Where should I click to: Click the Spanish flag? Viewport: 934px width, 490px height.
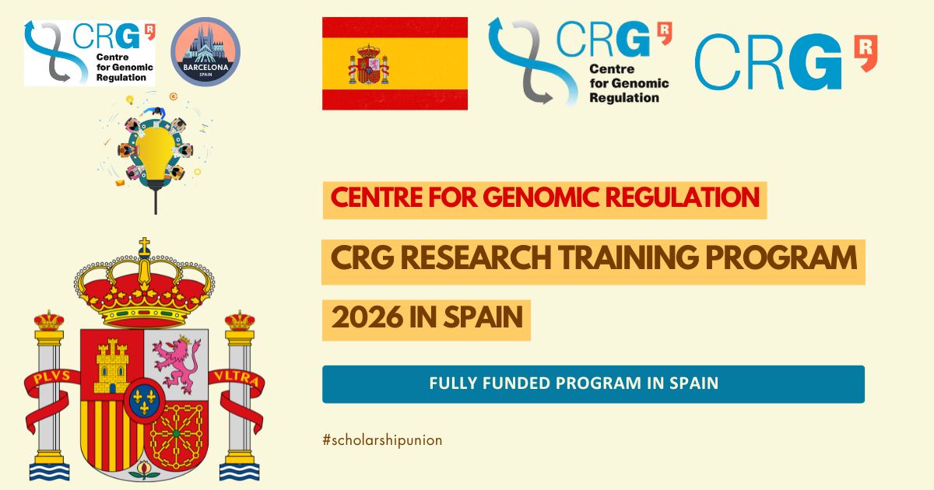tap(395, 63)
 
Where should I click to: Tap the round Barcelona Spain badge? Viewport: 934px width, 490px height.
tap(205, 51)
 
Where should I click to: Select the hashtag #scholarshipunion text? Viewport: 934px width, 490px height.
tap(382, 440)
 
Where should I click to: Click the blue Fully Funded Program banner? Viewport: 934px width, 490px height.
tap(593, 383)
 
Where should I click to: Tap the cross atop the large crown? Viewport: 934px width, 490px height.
tap(144, 248)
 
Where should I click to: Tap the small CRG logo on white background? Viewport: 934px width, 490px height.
tap(89, 52)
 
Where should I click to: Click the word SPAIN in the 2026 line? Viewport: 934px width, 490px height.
tap(481, 320)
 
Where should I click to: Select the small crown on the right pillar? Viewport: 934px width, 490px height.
tap(238, 320)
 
